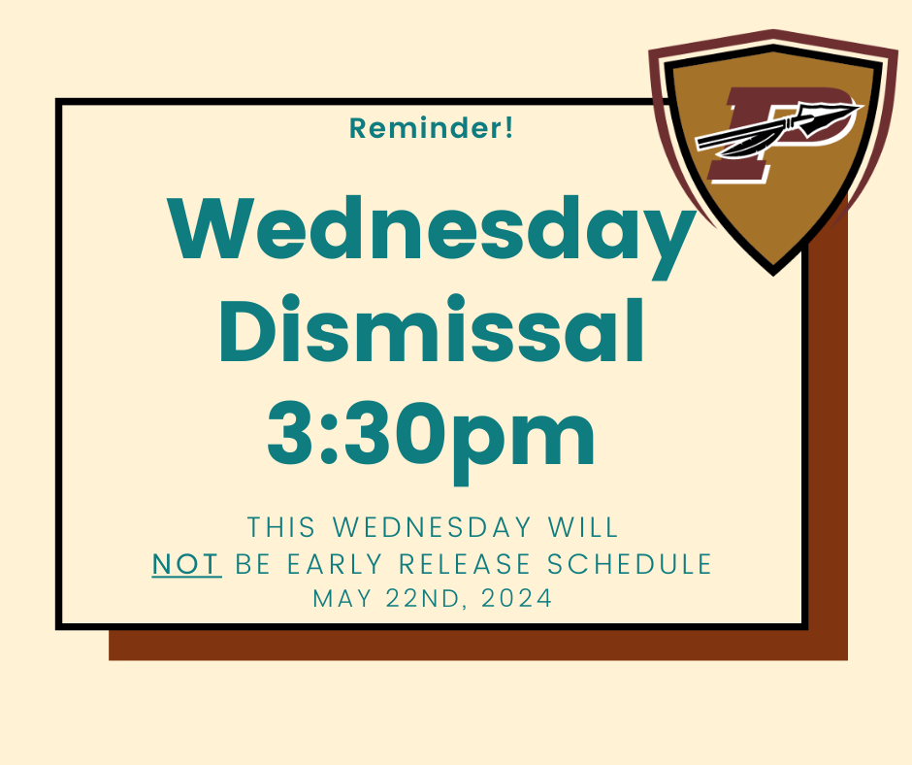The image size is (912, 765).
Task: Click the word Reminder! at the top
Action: (x=431, y=128)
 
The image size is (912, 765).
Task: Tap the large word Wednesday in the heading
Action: (x=431, y=235)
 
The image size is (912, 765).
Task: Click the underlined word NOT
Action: (x=186, y=564)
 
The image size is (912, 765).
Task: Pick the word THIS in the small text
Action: (x=281, y=527)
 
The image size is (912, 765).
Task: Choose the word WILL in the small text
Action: (x=583, y=527)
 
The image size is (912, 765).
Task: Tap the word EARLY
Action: (x=335, y=564)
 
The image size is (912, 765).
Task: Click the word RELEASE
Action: (x=465, y=564)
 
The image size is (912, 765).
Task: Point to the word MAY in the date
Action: (x=342, y=598)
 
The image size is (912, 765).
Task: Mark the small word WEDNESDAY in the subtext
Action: (x=432, y=527)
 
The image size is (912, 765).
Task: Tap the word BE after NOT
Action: (x=253, y=564)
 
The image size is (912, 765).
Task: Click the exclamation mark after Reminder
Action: (x=509, y=127)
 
